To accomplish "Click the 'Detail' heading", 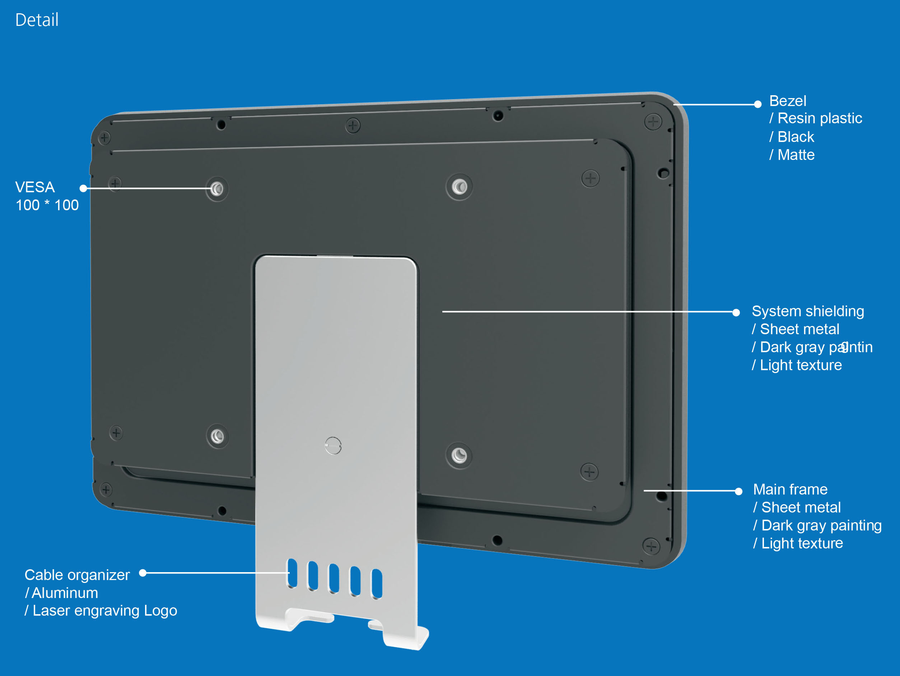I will pos(37,20).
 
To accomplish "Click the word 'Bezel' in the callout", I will pos(788,101).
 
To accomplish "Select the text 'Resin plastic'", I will pos(820,118).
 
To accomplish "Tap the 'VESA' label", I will pos(35,187).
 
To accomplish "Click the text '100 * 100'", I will pos(47,205).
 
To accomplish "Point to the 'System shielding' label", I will pos(808,311).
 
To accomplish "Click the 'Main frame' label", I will pos(790,489).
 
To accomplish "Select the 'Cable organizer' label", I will pos(77,575).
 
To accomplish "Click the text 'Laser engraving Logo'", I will pos(104,611).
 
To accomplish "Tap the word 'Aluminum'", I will pos(65,593).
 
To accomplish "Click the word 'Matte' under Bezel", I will pos(796,155).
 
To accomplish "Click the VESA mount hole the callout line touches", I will pos(217,189).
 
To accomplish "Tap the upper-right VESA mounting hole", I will pos(460,187).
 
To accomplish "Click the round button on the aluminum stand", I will pos(333,446).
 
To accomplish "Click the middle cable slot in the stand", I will pos(334,578).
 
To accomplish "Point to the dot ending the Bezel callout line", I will pos(757,104).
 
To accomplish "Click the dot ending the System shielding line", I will pos(736,312).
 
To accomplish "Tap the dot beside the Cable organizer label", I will pos(143,573).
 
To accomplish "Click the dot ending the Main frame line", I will pos(738,491).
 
